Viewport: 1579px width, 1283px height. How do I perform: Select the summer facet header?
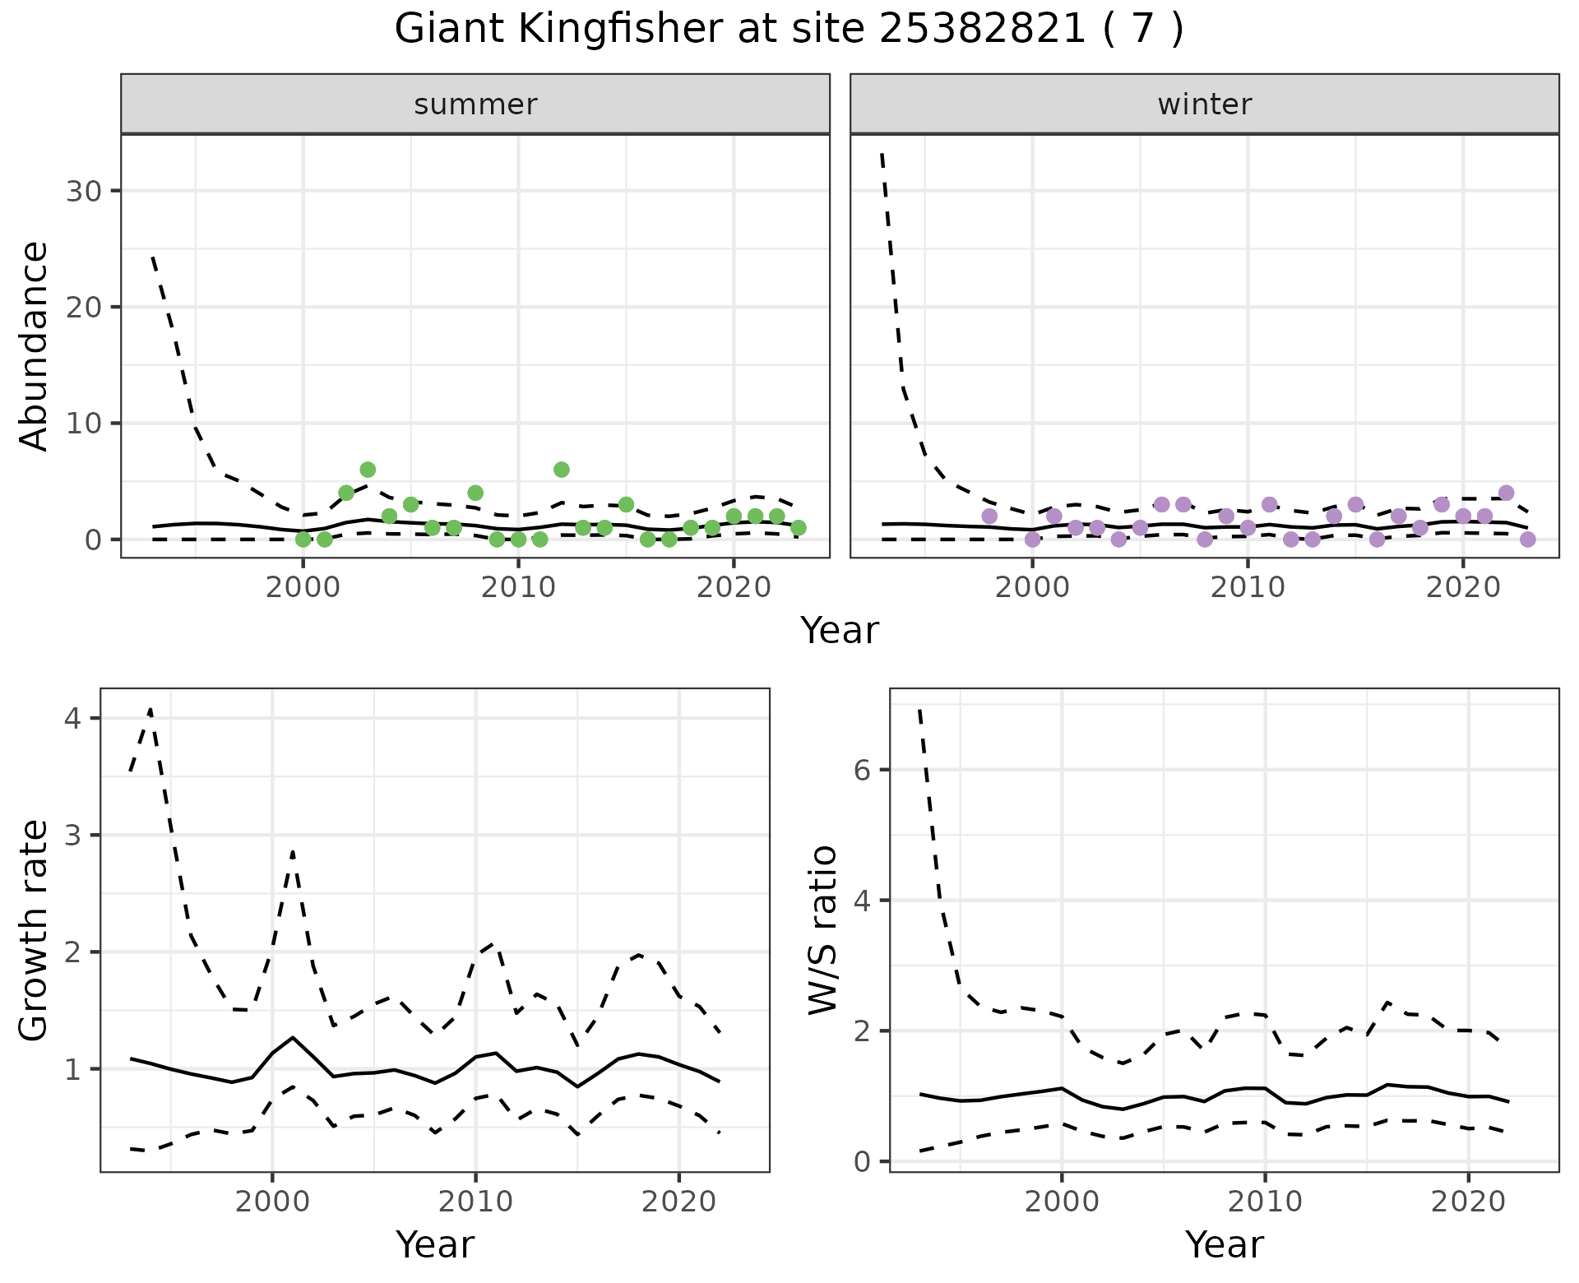point(475,104)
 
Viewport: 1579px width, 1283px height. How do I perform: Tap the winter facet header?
point(1204,104)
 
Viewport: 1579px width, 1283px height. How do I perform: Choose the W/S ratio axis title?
point(822,929)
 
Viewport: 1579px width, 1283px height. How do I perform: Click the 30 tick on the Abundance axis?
point(82,191)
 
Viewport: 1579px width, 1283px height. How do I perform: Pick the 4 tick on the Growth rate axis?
point(72,719)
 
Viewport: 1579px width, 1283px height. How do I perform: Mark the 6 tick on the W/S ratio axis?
point(862,770)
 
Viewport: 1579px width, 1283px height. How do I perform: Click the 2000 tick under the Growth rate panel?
point(272,1202)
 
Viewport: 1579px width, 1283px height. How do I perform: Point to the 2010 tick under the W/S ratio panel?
point(1265,1202)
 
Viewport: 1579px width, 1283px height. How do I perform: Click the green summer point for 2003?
point(368,470)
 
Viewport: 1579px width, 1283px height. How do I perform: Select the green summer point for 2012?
point(562,470)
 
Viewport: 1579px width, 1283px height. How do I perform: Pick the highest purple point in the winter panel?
point(1506,493)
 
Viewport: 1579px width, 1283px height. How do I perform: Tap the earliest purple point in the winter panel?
point(989,516)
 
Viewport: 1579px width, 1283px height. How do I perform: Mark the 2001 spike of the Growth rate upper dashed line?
point(293,852)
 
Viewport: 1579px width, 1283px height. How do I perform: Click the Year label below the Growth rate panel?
point(435,1244)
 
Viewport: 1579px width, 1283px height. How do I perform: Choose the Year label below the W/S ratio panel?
point(1225,1244)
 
